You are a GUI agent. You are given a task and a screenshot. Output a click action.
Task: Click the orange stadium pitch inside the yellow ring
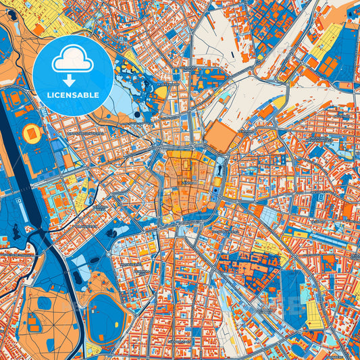(32, 134)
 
